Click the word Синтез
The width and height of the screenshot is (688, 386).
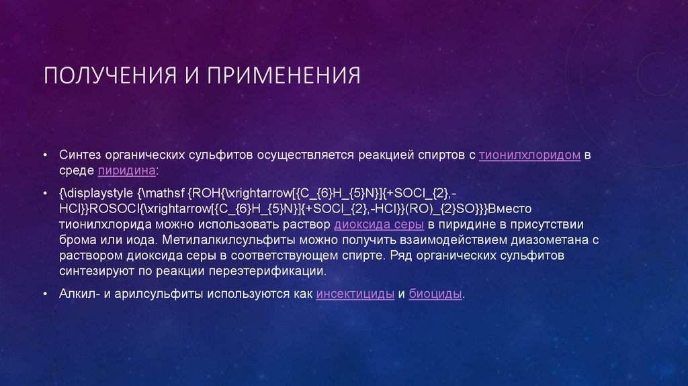coord(78,155)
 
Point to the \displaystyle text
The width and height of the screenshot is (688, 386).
coord(95,193)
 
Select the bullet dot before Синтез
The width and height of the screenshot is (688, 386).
coord(44,155)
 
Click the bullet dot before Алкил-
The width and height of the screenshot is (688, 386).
coord(44,295)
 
